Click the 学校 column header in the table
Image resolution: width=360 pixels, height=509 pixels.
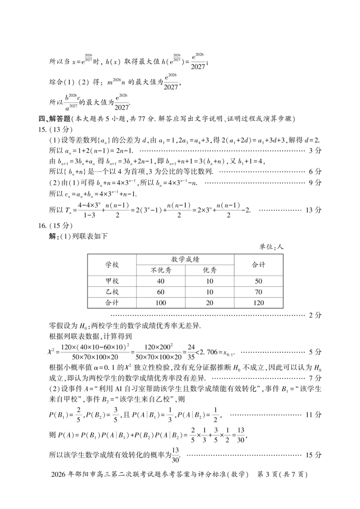(x=112, y=265)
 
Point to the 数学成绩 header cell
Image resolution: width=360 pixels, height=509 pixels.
(x=185, y=259)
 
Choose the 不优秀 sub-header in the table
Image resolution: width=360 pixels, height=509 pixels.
(x=161, y=270)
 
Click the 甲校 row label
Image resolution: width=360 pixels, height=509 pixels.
(x=112, y=281)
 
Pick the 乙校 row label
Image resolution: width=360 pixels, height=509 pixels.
(x=112, y=292)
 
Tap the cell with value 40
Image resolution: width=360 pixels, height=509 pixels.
(x=161, y=281)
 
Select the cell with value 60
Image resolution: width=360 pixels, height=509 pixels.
(x=161, y=292)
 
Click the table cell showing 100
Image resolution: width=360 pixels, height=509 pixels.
(x=161, y=303)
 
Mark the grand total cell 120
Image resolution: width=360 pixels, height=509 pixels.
(x=258, y=303)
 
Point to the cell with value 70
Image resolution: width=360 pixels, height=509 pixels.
(x=258, y=292)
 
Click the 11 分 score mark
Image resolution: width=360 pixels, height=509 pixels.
(x=313, y=415)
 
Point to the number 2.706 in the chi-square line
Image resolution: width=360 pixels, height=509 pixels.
(x=209, y=352)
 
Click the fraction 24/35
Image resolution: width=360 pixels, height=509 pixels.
(x=191, y=352)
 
